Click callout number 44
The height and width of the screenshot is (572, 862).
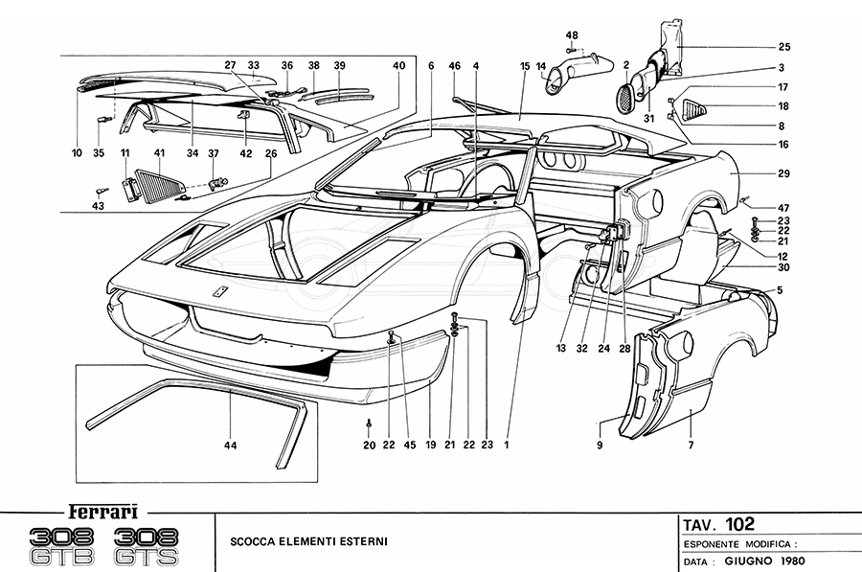pyautogui.click(x=231, y=446)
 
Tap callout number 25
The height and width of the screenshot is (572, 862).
pyautogui.click(x=783, y=47)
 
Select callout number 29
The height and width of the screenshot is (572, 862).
pyautogui.click(x=783, y=175)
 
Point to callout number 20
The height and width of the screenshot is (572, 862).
pyautogui.click(x=370, y=446)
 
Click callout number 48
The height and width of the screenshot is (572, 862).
pyautogui.click(x=572, y=35)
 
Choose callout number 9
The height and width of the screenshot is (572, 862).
pyautogui.click(x=599, y=446)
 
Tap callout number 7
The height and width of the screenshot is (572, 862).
pyautogui.click(x=690, y=446)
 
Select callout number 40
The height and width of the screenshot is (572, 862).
pyautogui.click(x=398, y=65)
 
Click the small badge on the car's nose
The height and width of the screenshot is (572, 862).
pyautogui.click(x=219, y=294)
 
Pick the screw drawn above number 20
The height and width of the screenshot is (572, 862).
pyautogui.click(x=370, y=423)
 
